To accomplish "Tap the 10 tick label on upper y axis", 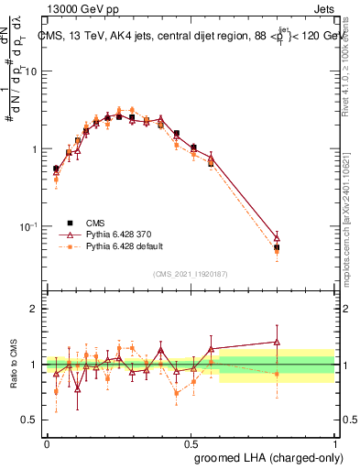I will pyautogui.click(x=31, y=71).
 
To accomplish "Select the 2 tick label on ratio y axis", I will pyautogui.click(x=35, y=309).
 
